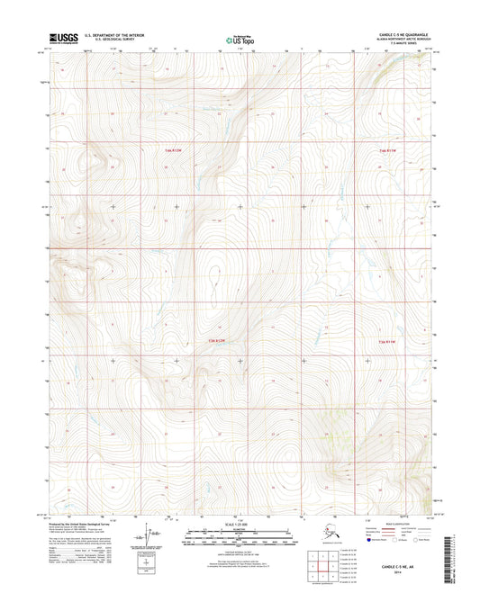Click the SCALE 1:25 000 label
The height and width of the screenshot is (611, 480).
240,525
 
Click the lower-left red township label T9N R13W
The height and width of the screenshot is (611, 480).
210,341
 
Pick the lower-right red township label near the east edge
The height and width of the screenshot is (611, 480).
386,341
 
